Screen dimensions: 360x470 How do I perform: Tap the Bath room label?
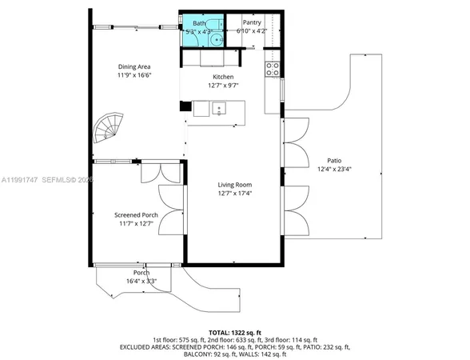pyautogui.click(x=198, y=23)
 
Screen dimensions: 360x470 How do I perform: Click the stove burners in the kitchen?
pyautogui.click(x=272, y=67)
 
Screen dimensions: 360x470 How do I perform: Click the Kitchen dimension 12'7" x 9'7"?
pyautogui.click(x=223, y=84)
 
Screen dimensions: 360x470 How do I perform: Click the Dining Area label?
pyautogui.click(x=134, y=66)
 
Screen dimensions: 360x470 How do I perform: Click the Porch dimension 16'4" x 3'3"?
pyautogui.click(x=141, y=281)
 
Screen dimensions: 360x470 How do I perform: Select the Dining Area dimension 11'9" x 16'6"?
pyautogui.click(x=134, y=74)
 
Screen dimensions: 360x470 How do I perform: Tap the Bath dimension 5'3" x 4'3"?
pyautogui.click(x=198, y=31)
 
